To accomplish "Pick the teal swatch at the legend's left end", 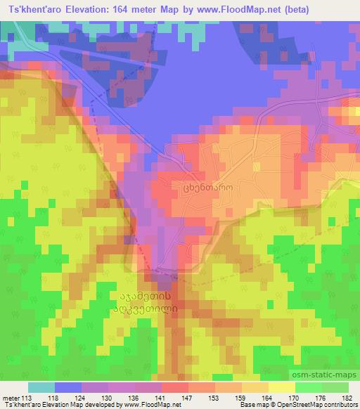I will (x=41, y=387).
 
